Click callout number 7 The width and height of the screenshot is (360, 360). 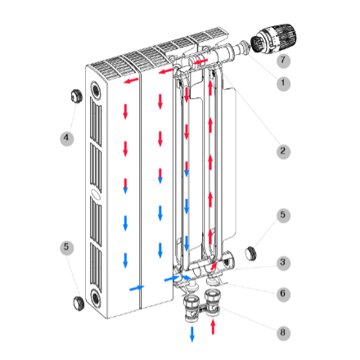pyautogui.click(x=283, y=61)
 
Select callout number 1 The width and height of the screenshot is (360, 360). pyautogui.click(x=283, y=83)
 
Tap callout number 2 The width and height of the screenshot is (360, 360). pyautogui.click(x=283, y=151)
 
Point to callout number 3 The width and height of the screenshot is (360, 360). pyautogui.click(x=283, y=263)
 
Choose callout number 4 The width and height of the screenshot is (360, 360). pyautogui.click(x=66, y=138)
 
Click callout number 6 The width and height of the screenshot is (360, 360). pyautogui.click(x=283, y=294)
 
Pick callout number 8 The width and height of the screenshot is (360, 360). pyautogui.click(x=283, y=333)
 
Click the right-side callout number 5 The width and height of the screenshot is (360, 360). pyautogui.click(x=283, y=215)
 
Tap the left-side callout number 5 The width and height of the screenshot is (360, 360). pyautogui.click(x=66, y=248)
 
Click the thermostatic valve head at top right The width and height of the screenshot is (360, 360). pyautogui.click(x=273, y=38)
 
